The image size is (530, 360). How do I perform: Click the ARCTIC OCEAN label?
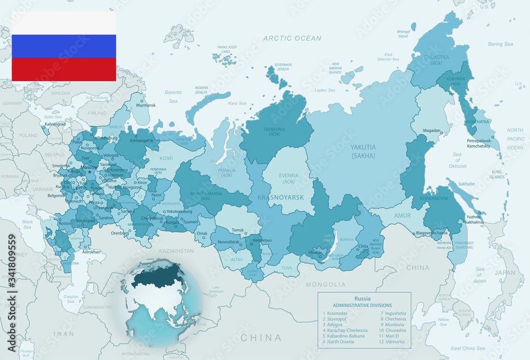tap(292, 38)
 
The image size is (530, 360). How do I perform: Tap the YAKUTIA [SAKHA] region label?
tap(363, 151)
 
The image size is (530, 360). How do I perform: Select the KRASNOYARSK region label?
tap(280, 197)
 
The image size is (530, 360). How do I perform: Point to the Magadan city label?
tap(432, 130)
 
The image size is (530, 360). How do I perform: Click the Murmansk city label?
tap(146, 106)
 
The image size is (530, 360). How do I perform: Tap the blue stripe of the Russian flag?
tap(64, 47)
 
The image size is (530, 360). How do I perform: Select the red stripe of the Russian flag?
tap(64, 69)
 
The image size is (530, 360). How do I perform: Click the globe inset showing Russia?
tap(161, 302)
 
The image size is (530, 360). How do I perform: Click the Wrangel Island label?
tap(403, 34)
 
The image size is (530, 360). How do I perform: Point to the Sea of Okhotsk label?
tap(457, 160)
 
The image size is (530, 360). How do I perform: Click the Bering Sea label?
tap(500, 44)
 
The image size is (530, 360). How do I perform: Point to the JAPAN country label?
tap(505, 273)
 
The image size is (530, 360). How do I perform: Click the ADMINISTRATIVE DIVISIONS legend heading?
tap(362, 305)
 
